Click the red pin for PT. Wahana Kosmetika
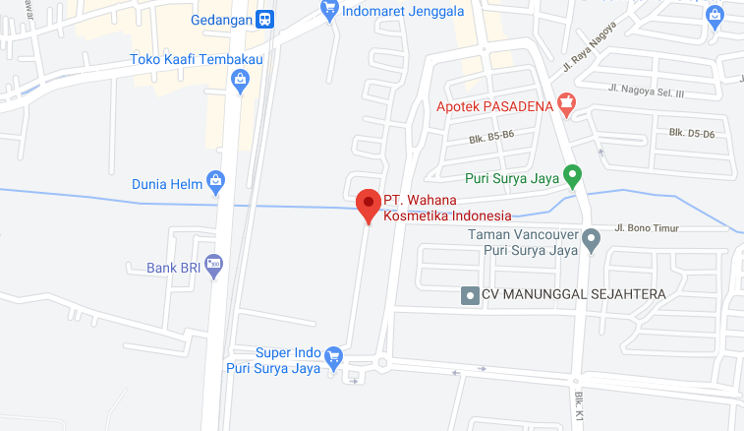368,204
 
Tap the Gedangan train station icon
264,19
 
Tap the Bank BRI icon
214,264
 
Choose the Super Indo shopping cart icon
333,356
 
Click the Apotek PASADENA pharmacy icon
565,102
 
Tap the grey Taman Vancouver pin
591,239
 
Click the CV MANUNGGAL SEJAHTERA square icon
470,294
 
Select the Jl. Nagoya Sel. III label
645,91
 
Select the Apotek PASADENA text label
494,103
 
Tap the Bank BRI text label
174,266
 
